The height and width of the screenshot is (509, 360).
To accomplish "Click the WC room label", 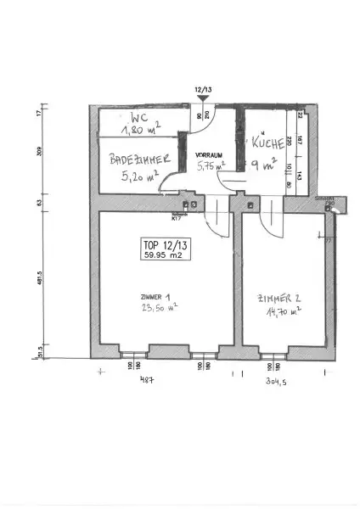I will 141,116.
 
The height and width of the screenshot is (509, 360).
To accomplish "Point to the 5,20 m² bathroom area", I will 139,178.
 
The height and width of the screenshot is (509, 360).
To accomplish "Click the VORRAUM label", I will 208,155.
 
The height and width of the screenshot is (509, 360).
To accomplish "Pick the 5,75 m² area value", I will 210,167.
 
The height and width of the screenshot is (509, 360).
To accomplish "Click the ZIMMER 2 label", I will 278,299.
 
